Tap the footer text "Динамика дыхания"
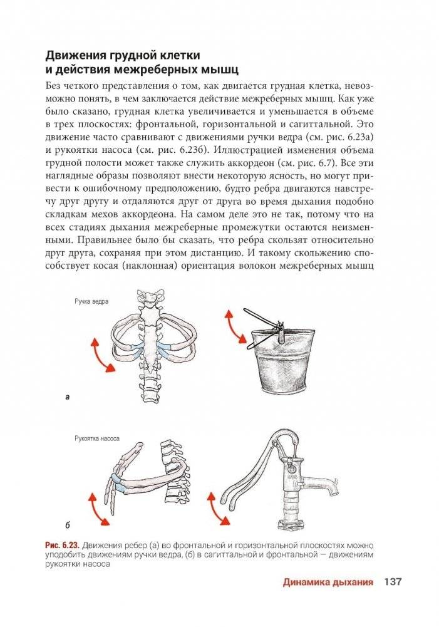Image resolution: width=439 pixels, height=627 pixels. click(328, 581)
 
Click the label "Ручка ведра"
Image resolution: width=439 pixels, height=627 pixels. click(91, 301)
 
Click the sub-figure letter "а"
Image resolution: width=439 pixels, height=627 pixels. click(66, 396)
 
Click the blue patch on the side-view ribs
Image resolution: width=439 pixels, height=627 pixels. click(116, 483)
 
